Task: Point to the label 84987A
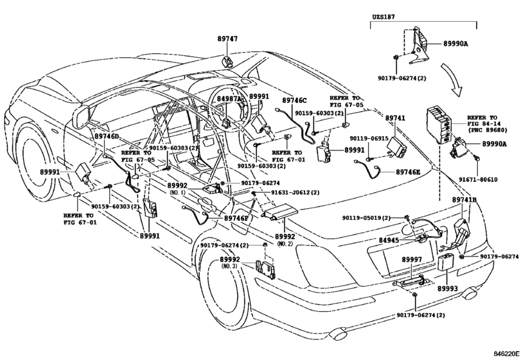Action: coord(229,100)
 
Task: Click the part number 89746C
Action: coord(296,100)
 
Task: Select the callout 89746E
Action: coord(408,172)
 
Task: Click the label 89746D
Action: coord(107,137)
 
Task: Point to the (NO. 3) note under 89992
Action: coord(230,266)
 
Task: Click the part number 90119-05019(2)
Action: coord(366,218)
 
